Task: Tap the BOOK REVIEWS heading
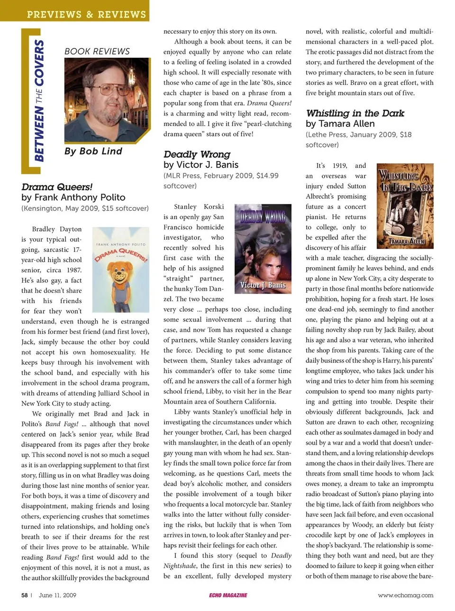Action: tap(97, 51)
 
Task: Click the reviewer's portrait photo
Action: tap(107, 100)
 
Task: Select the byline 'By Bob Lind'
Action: tap(93, 151)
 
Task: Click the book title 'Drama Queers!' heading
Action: tap(57, 187)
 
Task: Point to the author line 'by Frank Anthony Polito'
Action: tap(73, 198)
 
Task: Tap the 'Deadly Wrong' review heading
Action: tap(197, 154)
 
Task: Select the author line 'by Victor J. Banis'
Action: tap(201, 165)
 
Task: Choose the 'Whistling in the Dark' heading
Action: tap(355, 113)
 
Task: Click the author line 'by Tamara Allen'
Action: tap(340, 124)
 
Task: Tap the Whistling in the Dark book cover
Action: tap(405, 206)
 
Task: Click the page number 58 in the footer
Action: tap(25, 595)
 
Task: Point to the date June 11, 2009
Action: tap(57, 595)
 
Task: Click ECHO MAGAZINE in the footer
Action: tap(228, 595)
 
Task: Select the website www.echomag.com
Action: tap(405, 595)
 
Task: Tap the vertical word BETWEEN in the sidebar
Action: tap(39, 134)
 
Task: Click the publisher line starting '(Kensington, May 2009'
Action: tap(85, 208)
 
